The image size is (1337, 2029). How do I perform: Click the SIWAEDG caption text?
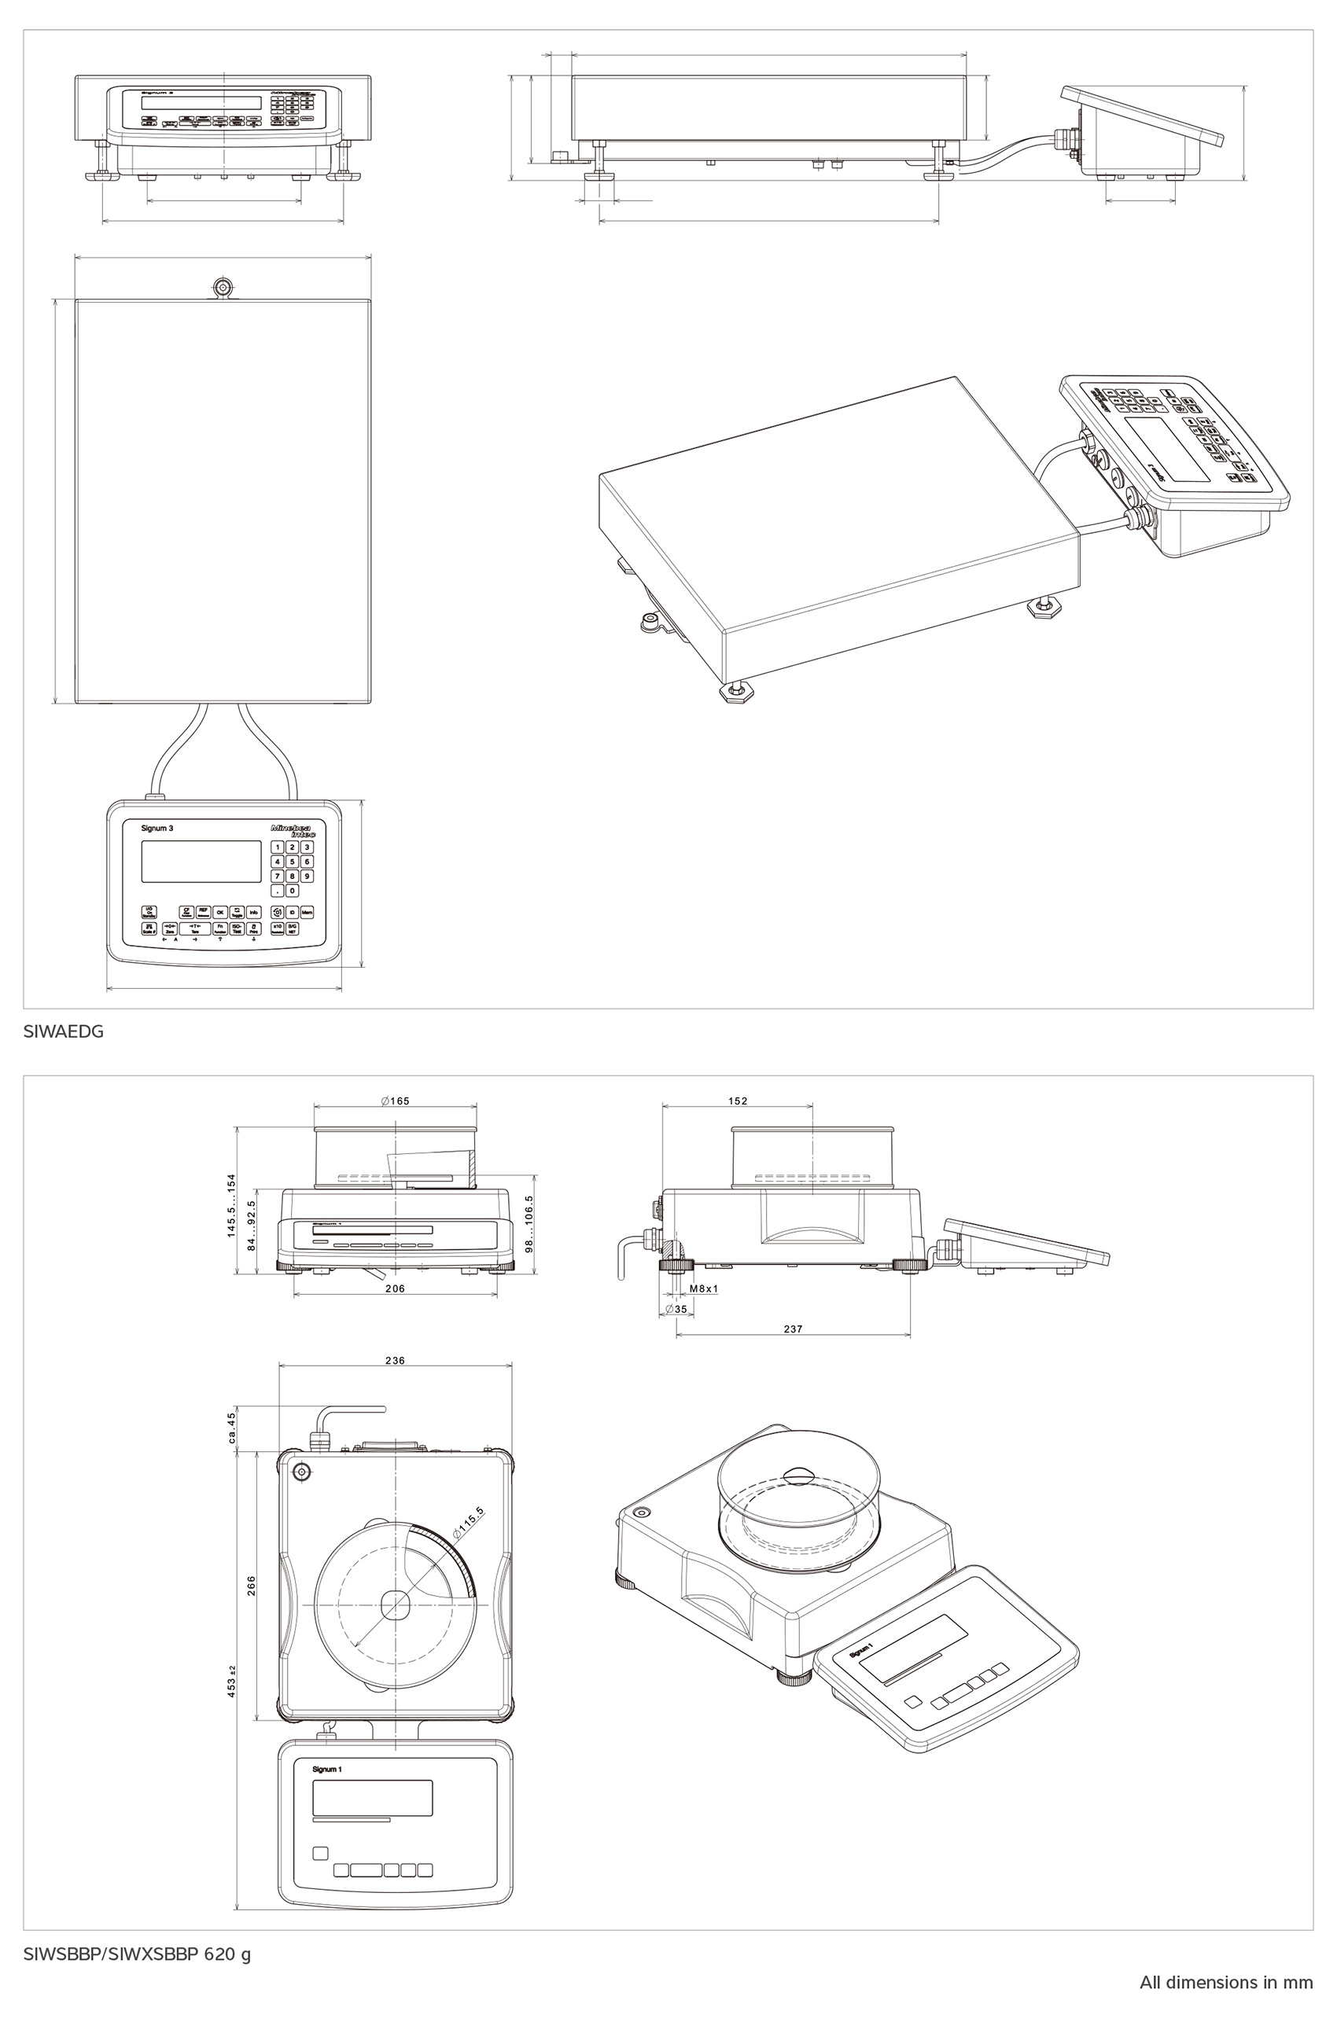click(x=64, y=1031)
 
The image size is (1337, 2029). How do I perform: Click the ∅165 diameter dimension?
click(x=395, y=1101)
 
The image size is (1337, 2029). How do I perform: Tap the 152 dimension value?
click(x=738, y=1101)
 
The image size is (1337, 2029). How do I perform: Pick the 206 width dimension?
click(x=395, y=1288)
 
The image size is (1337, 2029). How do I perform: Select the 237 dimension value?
click(x=793, y=1329)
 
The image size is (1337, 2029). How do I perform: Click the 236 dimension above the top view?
click(x=395, y=1361)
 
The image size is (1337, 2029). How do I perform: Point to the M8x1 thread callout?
click(x=703, y=1289)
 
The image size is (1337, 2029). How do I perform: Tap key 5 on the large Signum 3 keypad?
click(x=292, y=861)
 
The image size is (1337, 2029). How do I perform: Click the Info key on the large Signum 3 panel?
click(x=254, y=912)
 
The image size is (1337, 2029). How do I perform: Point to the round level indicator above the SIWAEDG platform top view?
click(x=223, y=286)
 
